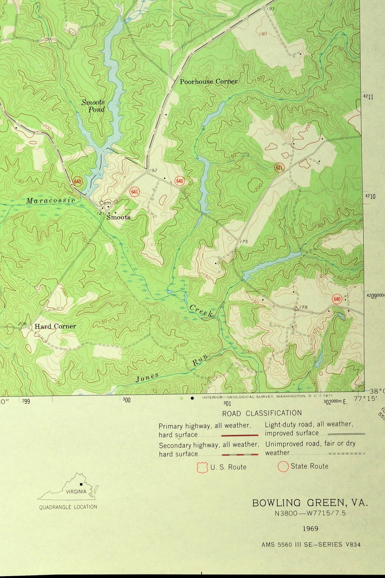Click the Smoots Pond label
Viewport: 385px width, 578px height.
pyautogui.click(x=93, y=106)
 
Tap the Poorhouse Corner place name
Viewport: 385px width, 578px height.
pyautogui.click(x=209, y=81)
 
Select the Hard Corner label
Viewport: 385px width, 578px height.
pyautogui.click(x=55, y=326)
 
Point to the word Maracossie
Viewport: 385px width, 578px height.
pyautogui.click(x=50, y=200)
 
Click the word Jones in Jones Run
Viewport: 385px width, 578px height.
pyautogui.click(x=147, y=377)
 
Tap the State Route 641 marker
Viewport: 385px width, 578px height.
pyautogui.click(x=134, y=192)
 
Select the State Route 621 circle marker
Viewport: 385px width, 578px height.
pyautogui.click(x=278, y=167)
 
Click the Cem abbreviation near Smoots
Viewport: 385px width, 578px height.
pyautogui.click(x=105, y=203)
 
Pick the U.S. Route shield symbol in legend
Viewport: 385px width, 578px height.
pyautogui.click(x=202, y=467)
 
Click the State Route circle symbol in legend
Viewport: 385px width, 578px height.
pyautogui.click(x=283, y=467)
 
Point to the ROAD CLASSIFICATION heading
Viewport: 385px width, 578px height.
pyautogui.click(x=262, y=413)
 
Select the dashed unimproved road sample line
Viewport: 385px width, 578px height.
pyautogui.click(x=347, y=454)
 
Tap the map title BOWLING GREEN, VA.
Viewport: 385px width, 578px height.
pyautogui.click(x=310, y=503)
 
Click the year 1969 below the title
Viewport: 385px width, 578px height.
pyautogui.click(x=310, y=528)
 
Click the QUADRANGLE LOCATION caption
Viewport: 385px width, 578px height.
pyautogui.click(x=68, y=507)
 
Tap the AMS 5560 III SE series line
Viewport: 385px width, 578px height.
pyautogui.click(x=311, y=545)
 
